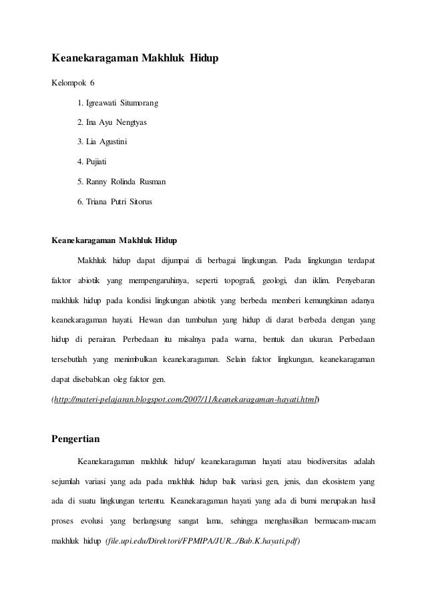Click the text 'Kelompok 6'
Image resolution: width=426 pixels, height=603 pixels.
click(x=74, y=83)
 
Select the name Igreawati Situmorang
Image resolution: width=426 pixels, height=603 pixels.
click(x=118, y=103)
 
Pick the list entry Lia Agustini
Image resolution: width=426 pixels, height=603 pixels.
click(x=104, y=142)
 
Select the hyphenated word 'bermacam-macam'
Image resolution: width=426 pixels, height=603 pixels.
click(x=343, y=520)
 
